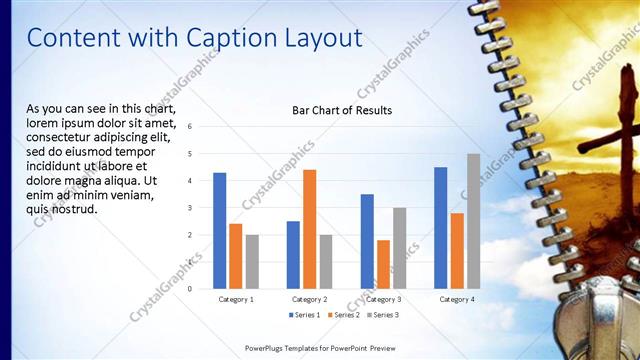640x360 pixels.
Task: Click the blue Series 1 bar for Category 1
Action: click(x=219, y=231)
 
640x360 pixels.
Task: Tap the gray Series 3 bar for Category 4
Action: click(x=473, y=221)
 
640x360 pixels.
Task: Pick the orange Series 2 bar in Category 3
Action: click(x=383, y=264)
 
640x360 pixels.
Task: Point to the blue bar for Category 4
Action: click(x=441, y=228)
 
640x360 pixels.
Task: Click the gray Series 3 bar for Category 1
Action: click(x=252, y=262)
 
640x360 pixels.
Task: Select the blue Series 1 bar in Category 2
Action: click(x=293, y=255)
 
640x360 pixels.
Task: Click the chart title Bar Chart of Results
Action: click(x=342, y=110)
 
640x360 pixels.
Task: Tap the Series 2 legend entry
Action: click(x=344, y=315)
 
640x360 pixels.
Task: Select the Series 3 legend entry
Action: click(x=384, y=315)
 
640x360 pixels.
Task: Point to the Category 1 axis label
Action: click(x=236, y=299)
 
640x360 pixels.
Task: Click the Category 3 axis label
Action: click(x=383, y=299)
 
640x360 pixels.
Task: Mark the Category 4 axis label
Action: click(x=457, y=299)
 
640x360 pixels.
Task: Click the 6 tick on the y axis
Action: click(x=190, y=127)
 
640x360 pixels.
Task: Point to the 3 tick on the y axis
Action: click(x=190, y=208)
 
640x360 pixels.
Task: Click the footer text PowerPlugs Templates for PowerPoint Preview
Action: click(x=319, y=347)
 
